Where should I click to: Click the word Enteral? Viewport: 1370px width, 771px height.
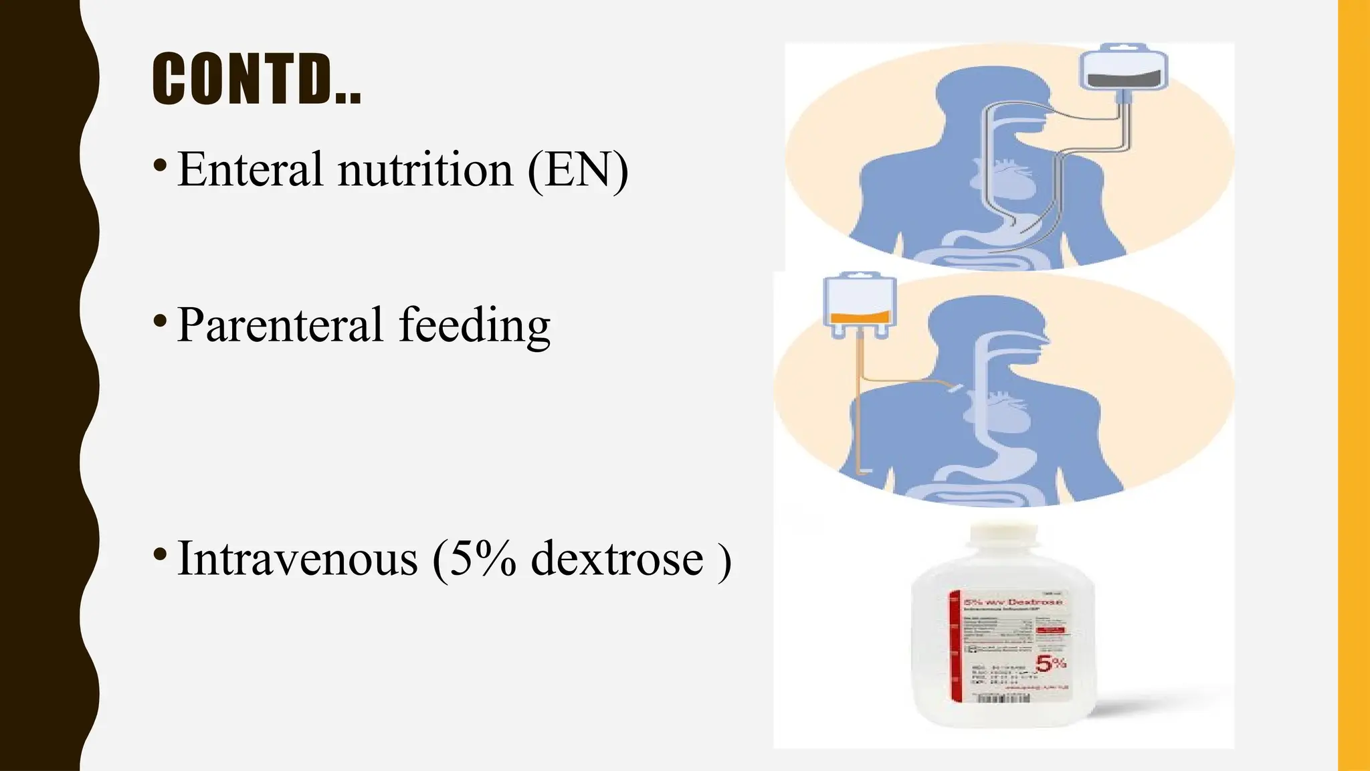tap(251, 169)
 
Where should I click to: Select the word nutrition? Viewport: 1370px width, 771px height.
tap(425, 169)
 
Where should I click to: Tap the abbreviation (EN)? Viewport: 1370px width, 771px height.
tap(578, 169)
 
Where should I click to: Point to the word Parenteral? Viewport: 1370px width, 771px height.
tap(280, 325)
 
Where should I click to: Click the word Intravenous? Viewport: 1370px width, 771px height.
tap(298, 558)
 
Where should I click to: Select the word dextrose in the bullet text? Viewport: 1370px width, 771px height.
tap(617, 558)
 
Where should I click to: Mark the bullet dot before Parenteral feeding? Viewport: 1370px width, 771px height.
tap(159, 321)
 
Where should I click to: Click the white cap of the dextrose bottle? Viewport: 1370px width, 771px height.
tap(1003, 539)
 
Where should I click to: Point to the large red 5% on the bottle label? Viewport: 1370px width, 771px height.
tap(1050, 664)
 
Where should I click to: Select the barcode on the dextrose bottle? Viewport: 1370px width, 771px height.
tap(1003, 698)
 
